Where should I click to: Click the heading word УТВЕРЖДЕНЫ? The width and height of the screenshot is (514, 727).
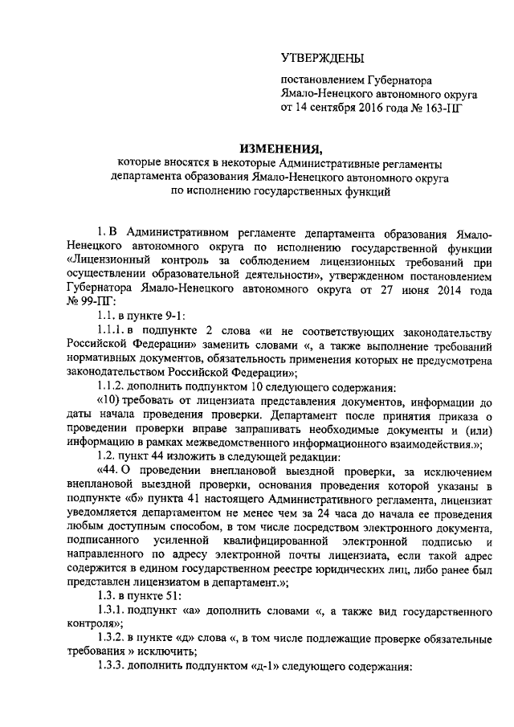[321, 58]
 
